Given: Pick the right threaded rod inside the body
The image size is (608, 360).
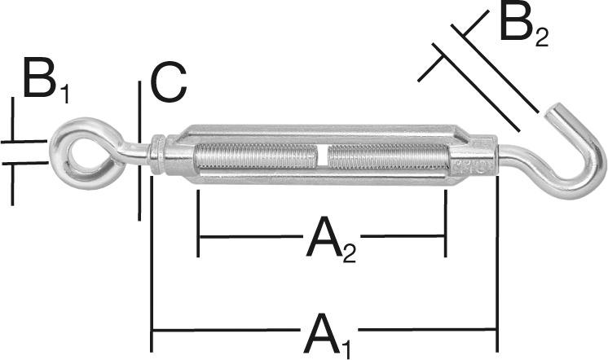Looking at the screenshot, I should [387, 156].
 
